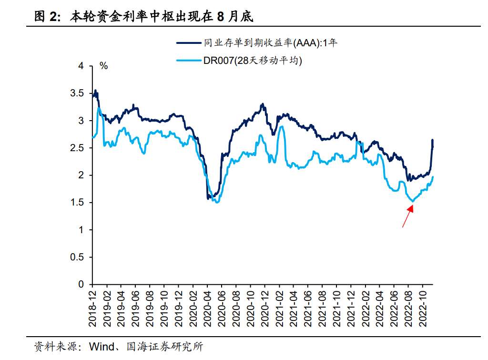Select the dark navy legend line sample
[188, 43]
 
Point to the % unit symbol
[104, 66]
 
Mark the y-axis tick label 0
[81, 285]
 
